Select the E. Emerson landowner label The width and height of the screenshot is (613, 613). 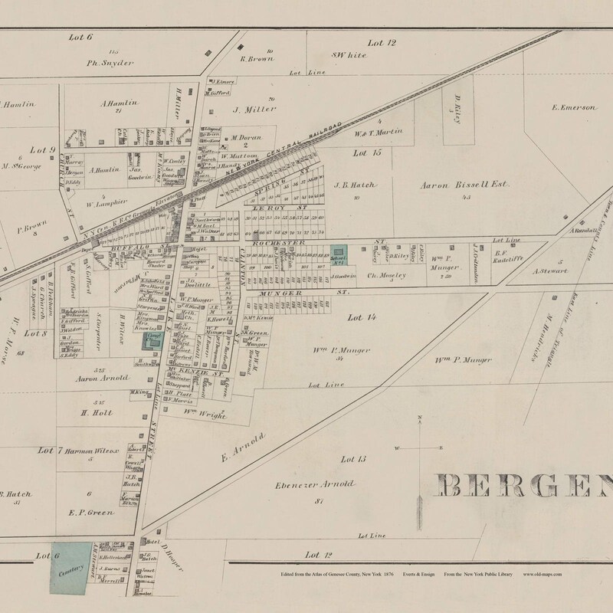(573, 108)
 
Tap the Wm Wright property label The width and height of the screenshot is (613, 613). (205, 414)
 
